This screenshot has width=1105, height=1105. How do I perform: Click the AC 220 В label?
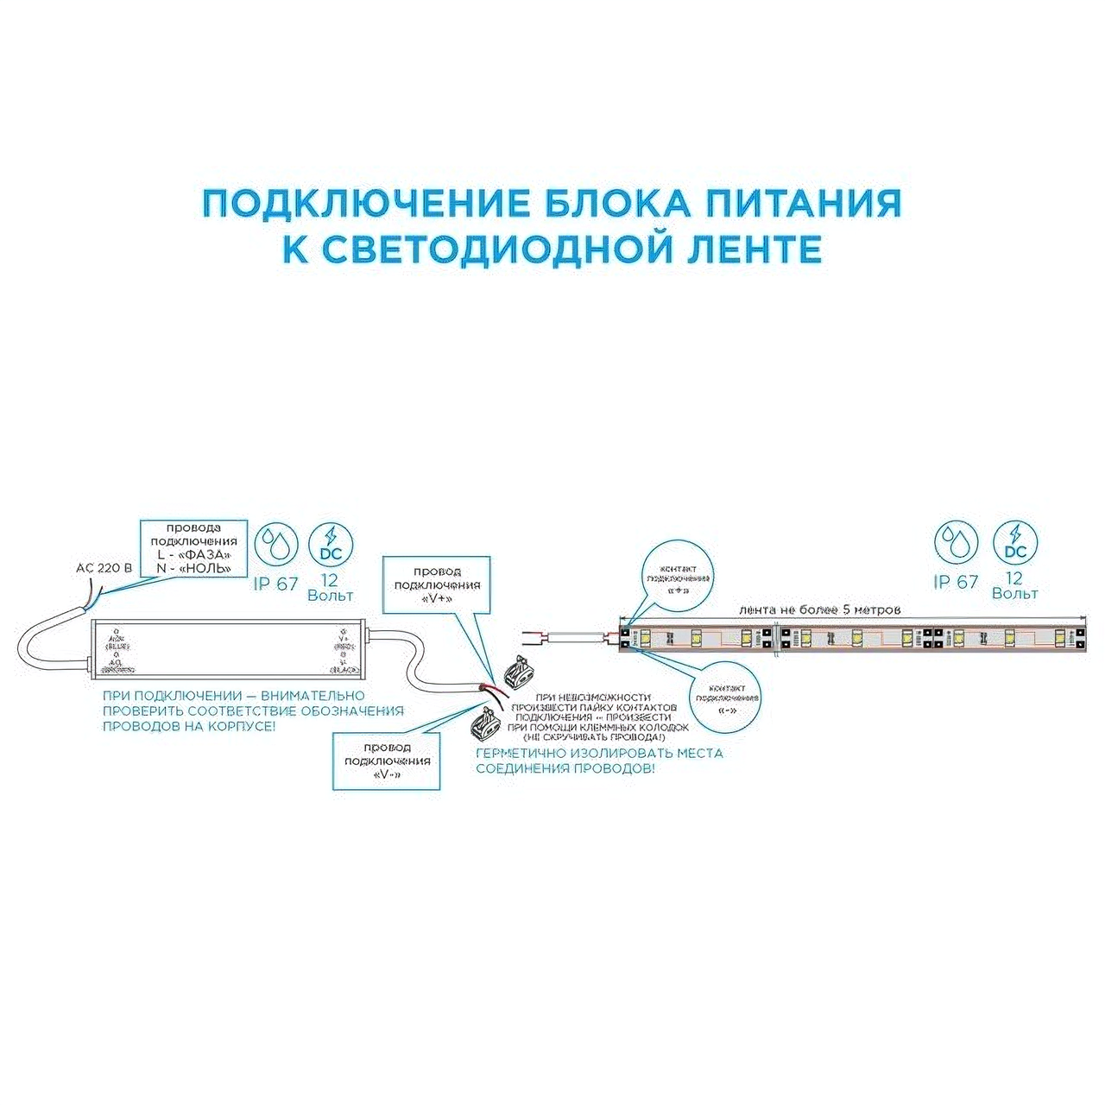point(104,568)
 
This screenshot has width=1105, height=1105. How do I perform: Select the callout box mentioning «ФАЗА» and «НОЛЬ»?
point(193,548)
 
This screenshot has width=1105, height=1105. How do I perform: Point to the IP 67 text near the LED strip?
point(956,583)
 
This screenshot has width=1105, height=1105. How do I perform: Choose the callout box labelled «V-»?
point(387,761)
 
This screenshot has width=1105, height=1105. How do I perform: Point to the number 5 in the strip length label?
point(845,609)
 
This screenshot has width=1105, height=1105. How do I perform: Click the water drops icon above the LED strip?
point(956,543)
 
